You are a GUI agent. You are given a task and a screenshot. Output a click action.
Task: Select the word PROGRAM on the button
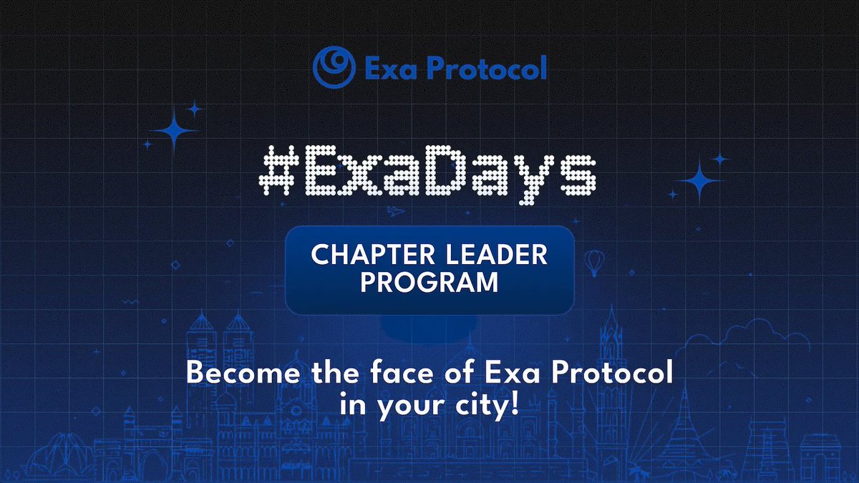tap(429, 281)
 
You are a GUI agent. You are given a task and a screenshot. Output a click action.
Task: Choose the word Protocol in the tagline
tap(613, 374)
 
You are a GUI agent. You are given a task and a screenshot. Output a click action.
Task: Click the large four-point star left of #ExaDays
tap(173, 132)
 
